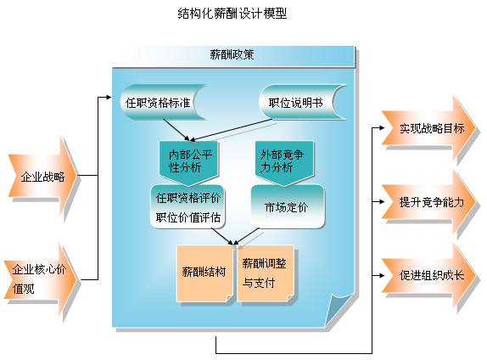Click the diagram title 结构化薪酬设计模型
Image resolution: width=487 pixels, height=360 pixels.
(x=232, y=14)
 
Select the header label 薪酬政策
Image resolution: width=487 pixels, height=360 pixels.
(x=232, y=54)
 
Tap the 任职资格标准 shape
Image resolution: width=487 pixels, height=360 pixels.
(x=164, y=102)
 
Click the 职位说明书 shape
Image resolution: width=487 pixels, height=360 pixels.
(x=303, y=102)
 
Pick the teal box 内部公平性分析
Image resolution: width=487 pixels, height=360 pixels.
(x=188, y=161)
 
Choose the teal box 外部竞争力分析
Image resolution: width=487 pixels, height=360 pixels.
(x=284, y=161)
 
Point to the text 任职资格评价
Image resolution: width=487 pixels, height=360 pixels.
(x=188, y=198)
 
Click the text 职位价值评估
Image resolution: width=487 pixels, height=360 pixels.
(x=188, y=217)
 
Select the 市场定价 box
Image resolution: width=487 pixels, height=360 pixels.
(x=287, y=206)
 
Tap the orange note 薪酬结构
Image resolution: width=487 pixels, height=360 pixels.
(x=204, y=273)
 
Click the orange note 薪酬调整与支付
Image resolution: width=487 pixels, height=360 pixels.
(x=266, y=273)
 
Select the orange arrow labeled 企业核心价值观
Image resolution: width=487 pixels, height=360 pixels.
(x=40, y=278)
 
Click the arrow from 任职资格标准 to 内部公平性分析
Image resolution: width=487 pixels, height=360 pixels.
(x=176, y=130)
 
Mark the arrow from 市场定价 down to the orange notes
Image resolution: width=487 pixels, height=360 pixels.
(x=246, y=236)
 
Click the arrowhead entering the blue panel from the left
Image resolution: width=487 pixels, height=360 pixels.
(x=109, y=98)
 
